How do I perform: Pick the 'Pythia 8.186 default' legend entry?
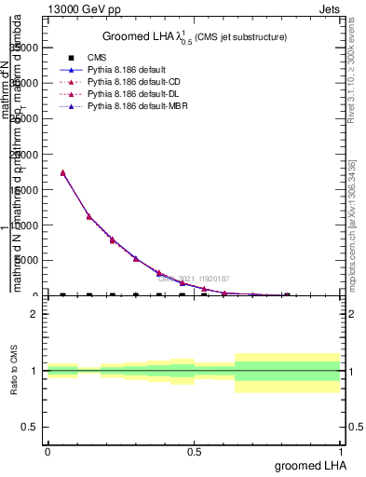coord(129,70)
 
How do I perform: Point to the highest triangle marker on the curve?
coord(62,172)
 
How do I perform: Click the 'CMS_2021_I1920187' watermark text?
coord(193,279)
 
